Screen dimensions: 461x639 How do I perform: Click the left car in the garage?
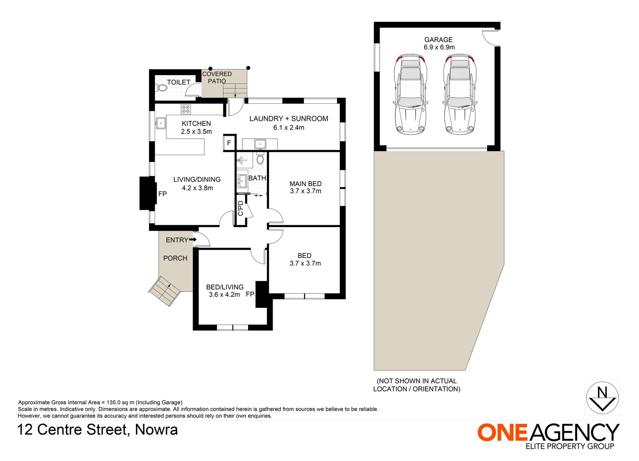(410, 94)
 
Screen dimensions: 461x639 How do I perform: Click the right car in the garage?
(460, 94)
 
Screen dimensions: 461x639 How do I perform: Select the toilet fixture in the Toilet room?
(162, 88)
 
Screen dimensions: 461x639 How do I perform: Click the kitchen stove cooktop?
(186, 109)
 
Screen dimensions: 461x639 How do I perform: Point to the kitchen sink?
(161, 123)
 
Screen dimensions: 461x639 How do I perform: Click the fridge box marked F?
(229, 143)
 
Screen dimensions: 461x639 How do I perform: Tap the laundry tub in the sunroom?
(260, 144)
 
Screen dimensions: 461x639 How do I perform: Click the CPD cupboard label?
(240, 208)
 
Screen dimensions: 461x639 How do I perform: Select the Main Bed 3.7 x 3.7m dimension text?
(305, 191)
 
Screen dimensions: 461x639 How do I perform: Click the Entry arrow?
(193, 240)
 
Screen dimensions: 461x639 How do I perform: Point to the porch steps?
(165, 291)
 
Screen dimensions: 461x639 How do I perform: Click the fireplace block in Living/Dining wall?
(147, 193)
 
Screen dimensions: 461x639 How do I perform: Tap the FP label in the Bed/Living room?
(250, 294)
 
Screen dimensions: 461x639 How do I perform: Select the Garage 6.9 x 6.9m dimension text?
(439, 47)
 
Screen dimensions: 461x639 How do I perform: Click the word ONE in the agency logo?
(502, 432)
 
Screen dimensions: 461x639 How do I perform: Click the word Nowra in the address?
(156, 429)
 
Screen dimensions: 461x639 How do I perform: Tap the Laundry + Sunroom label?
(289, 119)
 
